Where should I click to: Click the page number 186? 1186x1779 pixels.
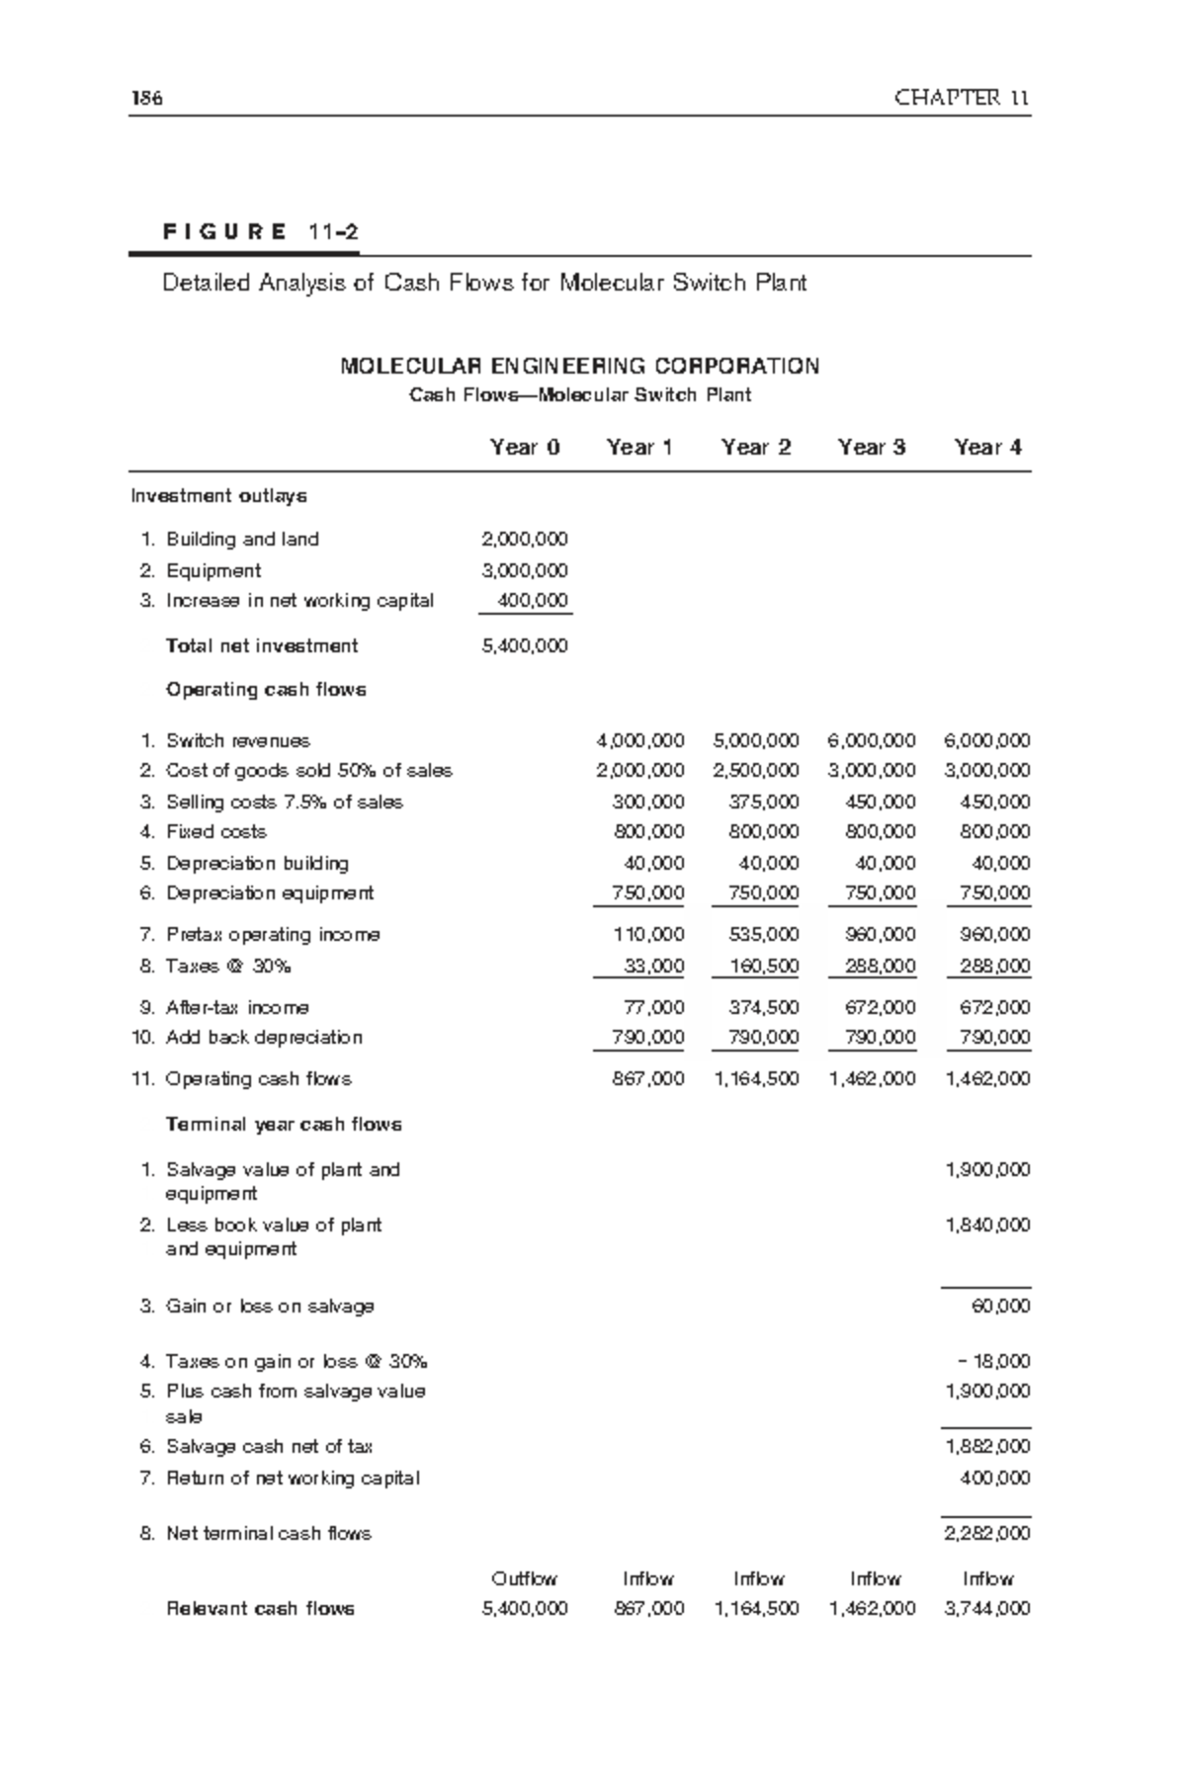tap(145, 98)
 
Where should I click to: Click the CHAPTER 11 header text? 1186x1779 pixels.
tap(962, 98)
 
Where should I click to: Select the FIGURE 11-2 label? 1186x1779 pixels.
tap(260, 233)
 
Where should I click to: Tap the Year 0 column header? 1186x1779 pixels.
tap(525, 448)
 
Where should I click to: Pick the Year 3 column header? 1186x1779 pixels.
tap(872, 448)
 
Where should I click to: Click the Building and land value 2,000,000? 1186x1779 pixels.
tap(525, 540)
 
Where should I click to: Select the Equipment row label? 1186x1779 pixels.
tap(213, 571)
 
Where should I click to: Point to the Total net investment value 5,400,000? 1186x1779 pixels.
tap(525, 646)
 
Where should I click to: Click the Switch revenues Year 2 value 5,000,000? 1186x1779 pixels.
tap(755, 741)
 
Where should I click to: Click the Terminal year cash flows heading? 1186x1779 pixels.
tap(284, 1125)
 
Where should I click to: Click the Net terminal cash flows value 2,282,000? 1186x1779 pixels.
tap(987, 1534)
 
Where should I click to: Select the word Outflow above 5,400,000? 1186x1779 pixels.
tap(525, 1579)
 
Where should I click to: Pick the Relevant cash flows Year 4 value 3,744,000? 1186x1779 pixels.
tap(987, 1609)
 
